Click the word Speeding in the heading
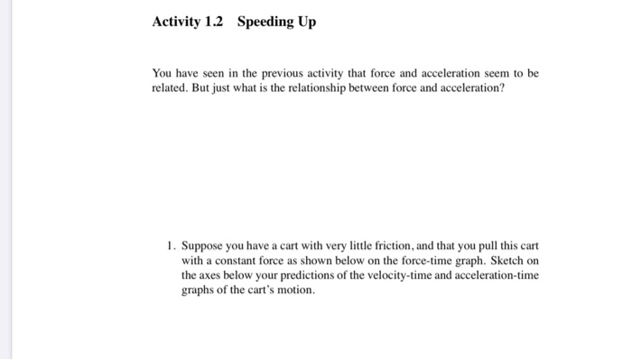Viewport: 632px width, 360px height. pyautogui.click(x=268, y=23)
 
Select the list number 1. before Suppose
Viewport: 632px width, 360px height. pyautogui.click(x=171, y=245)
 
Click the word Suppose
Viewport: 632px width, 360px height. pyautogui.click(x=203, y=245)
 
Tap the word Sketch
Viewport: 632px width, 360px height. pyautogui.click(x=502, y=260)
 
